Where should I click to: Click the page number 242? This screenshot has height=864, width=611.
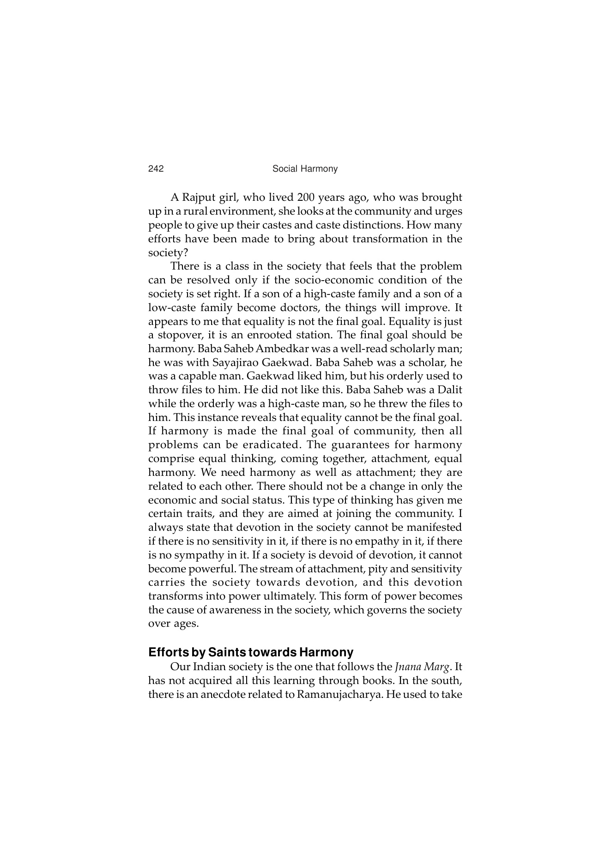click(156, 169)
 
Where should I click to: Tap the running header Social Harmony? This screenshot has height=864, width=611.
click(305, 169)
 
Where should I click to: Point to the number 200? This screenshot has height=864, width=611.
click(306, 198)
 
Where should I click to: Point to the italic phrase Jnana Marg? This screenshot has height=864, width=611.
click(422, 667)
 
